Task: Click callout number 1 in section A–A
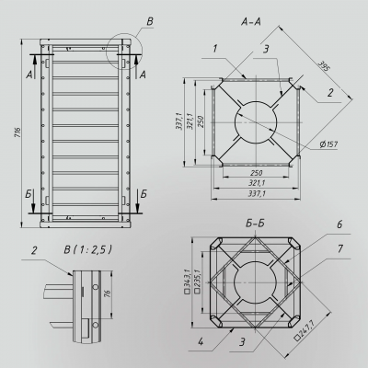(x=213, y=48)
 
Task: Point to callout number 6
(x=339, y=224)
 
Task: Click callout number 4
(x=200, y=348)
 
